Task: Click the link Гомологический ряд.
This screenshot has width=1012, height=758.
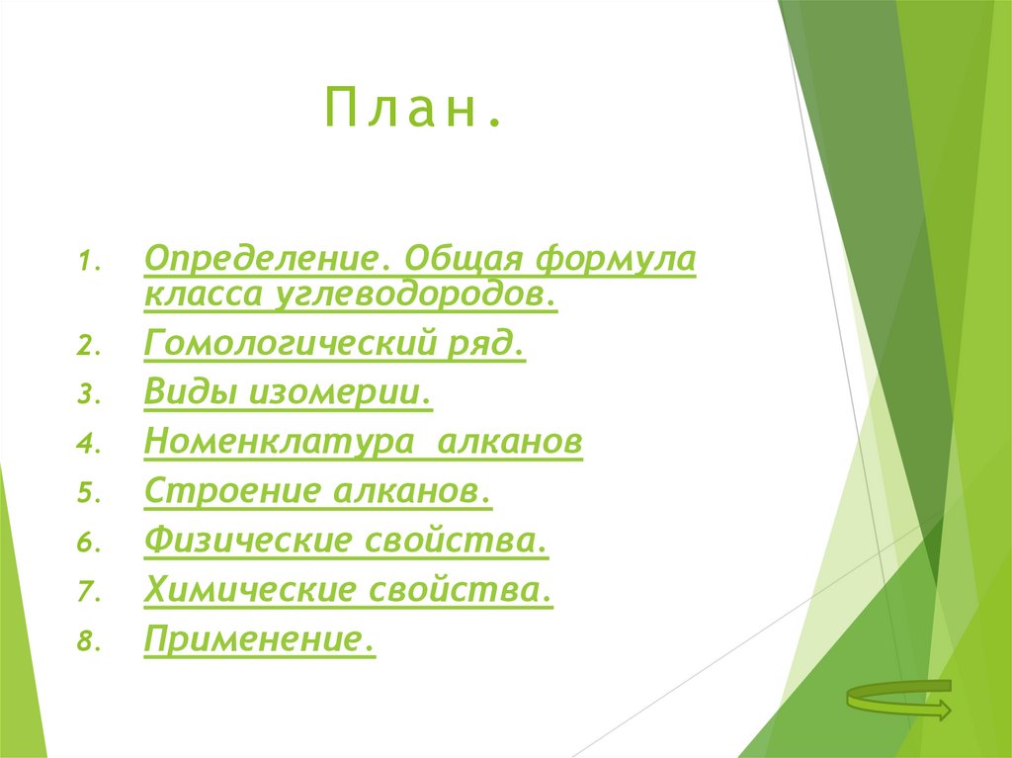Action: pos(334,345)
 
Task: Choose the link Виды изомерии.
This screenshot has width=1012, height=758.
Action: pos(288,393)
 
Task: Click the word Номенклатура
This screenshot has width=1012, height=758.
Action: pos(278,443)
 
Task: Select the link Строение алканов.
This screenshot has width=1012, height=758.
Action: pos(317,491)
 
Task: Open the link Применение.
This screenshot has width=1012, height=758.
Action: pos(259,639)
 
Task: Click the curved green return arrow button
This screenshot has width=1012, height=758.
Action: pos(898,700)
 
